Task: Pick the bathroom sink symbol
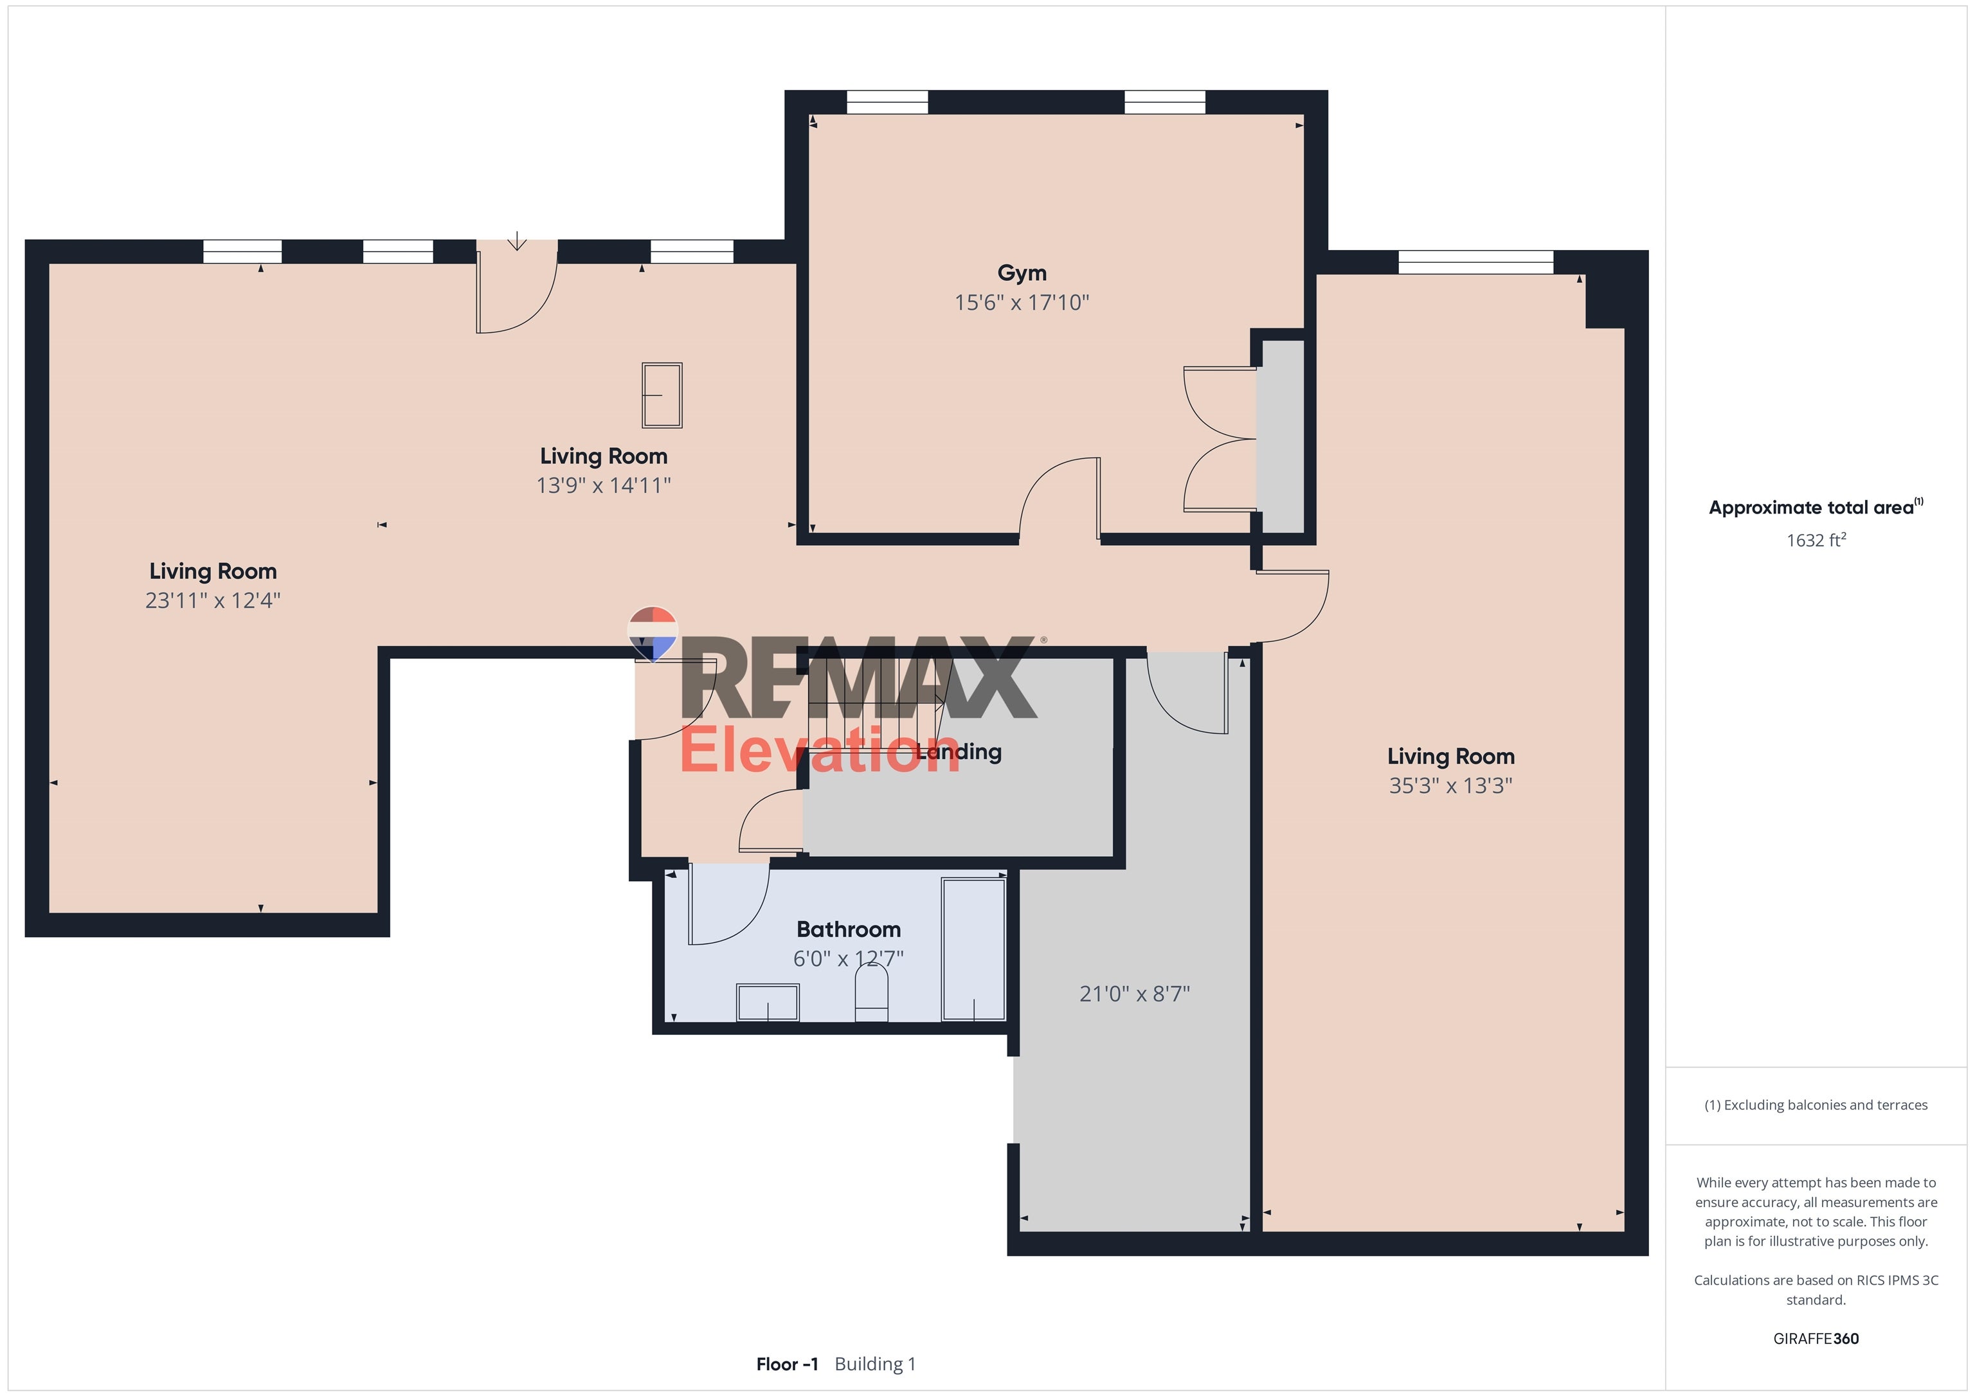point(767,1002)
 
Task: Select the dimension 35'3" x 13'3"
point(1450,785)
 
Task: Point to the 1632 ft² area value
point(1815,540)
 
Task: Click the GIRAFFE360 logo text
point(1815,1338)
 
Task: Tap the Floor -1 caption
point(786,1364)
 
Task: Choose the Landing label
point(959,752)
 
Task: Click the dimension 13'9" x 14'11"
point(603,486)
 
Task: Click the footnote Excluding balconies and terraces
point(1815,1105)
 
